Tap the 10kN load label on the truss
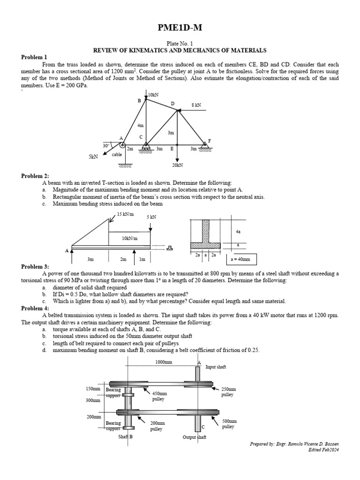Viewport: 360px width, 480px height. [153, 95]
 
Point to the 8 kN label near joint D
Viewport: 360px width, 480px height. [196, 105]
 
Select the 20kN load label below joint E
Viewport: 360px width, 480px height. [177, 165]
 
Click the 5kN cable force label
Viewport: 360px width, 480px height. [93, 157]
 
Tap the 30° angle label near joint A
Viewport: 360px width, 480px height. [106, 145]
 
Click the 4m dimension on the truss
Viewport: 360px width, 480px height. [141, 126]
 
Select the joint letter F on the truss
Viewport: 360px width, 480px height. [209, 141]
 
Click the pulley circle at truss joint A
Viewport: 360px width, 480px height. [122, 145]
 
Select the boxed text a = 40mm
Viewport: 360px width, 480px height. [241, 259]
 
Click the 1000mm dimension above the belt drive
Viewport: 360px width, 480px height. [162, 362]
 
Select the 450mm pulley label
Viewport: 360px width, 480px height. [159, 396]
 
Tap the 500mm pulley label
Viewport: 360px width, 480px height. [228, 424]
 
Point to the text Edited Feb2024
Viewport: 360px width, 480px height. [323, 450]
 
